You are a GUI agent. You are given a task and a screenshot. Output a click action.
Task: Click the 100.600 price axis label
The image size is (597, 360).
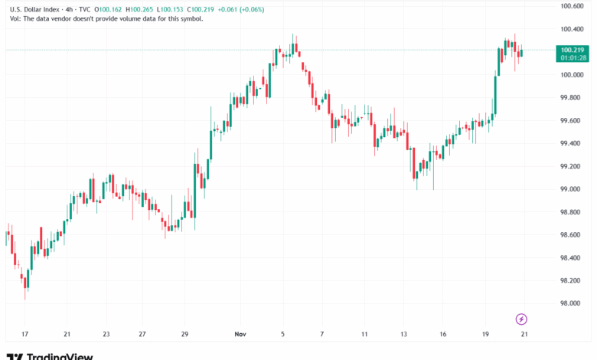tap(572, 6)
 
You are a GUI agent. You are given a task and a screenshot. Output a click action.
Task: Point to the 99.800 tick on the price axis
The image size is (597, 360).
tap(572, 97)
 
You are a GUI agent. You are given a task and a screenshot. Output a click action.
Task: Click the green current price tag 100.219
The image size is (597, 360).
tap(572, 49)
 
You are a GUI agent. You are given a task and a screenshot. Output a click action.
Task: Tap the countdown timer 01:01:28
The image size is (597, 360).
tap(572, 57)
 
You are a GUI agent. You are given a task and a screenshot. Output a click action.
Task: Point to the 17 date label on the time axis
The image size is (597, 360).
tap(24, 335)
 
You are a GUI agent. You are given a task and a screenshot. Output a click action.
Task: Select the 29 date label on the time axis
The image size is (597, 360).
tap(184, 335)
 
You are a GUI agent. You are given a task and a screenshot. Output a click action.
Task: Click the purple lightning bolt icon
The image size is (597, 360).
tap(521, 319)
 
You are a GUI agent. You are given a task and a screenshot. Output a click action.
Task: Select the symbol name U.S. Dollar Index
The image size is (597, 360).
tap(36, 8)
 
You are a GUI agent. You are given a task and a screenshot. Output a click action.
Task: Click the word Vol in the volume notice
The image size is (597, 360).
tap(16, 18)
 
